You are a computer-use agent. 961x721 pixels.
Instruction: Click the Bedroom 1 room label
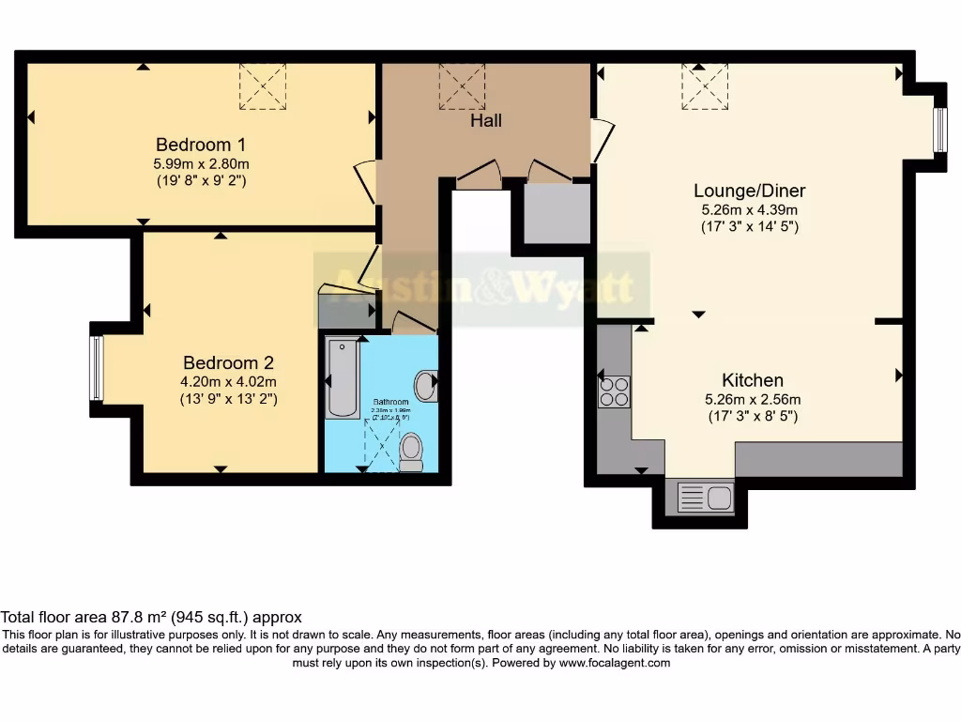(x=201, y=145)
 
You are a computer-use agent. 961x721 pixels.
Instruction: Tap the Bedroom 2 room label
(x=228, y=362)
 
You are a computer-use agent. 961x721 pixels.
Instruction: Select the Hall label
(x=486, y=120)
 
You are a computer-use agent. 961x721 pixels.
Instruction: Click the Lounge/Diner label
(x=750, y=191)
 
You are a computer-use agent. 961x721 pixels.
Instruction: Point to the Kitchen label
(x=752, y=380)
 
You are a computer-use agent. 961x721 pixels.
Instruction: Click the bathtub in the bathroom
(x=342, y=378)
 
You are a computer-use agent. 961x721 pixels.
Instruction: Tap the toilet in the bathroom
(x=411, y=452)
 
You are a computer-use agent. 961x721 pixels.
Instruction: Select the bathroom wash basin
(x=426, y=386)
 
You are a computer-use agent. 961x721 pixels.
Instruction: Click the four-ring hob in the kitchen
(x=615, y=391)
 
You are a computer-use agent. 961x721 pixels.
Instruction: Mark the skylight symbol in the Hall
(x=462, y=85)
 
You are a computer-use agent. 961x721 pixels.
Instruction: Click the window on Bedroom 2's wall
(x=96, y=368)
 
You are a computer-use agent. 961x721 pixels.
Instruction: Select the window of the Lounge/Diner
(x=939, y=129)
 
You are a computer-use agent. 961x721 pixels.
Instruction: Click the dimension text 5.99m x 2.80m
(x=201, y=163)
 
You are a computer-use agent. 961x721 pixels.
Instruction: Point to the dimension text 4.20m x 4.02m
(x=228, y=381)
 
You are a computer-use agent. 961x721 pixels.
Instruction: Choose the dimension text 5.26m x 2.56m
(x=752, y=398)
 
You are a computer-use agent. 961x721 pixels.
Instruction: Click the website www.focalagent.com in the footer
(x=615, y=663)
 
